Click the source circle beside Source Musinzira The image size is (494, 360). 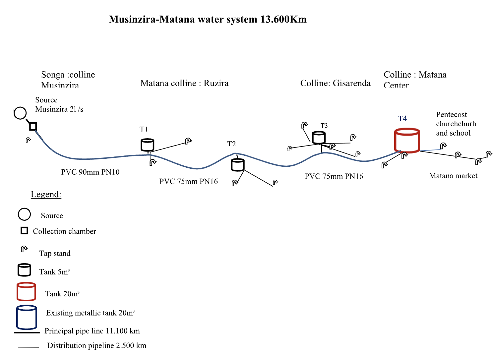click(x=20, y=113)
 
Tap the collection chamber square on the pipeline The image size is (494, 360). click(x=33, y=126)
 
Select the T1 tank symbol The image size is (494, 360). click(x=148, y=145)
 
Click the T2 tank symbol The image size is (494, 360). click(x=238, y=165)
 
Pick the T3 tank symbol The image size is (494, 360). click(x=319, y=137)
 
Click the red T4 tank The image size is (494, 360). click(x=407, y=140)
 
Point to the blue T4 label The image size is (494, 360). click(x=402, y=119)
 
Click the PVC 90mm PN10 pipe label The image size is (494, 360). click(x=90, y=172)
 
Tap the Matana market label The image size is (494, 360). click(x=453, y=176)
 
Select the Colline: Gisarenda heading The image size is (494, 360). click(x=335, y=83)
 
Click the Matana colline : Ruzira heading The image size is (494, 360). click(x=184, y=83)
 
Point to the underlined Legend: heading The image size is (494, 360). click(x=46, y=194)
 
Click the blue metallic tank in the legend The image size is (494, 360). click(x=27, y=317)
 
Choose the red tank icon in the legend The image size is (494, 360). click(x=26, y=291)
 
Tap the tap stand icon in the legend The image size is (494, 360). click(x=24, y=249)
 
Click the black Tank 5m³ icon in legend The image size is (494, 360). click(x=24, y=270)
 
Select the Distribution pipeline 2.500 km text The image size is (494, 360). click(x=97, y=345)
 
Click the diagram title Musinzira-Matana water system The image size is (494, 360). click(x=208, y=19)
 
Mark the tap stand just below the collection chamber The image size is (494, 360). click(x=28, y=140)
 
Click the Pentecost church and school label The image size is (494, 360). click(x=456, y=124)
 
